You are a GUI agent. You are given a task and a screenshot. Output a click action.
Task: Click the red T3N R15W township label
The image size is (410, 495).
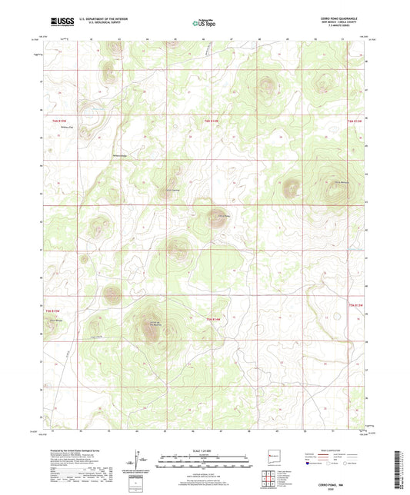[x=50, y=308]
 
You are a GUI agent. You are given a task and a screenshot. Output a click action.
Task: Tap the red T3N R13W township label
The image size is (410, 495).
[x=353, y=308]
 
